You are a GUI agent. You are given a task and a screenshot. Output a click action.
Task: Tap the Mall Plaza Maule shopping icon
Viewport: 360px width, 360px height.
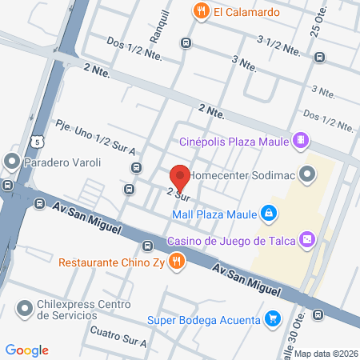pyautogui.click(x=270, y=214)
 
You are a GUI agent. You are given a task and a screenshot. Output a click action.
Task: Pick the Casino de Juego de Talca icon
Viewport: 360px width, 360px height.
pyautogui.click(x=306, y=240)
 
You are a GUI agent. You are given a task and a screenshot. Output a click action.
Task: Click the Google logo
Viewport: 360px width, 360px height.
pyautogui.click(x=27, y=350)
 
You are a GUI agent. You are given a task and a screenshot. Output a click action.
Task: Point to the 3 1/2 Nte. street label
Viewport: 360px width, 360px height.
pyautogui.click(x=278, y=44)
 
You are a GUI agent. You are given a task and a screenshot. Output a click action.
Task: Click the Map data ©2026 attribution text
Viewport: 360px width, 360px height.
pyautogui.click(x=326, y=354)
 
